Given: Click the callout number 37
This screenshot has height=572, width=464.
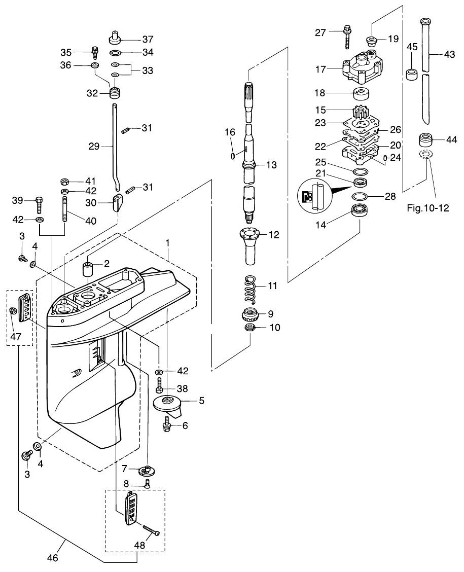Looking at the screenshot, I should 134,39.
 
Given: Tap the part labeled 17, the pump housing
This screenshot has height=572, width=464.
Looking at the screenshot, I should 363,68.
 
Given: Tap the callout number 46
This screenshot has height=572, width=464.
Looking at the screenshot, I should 52,558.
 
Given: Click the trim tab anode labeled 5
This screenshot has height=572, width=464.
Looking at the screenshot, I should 170,404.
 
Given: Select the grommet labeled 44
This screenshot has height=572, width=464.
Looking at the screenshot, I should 426,140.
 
